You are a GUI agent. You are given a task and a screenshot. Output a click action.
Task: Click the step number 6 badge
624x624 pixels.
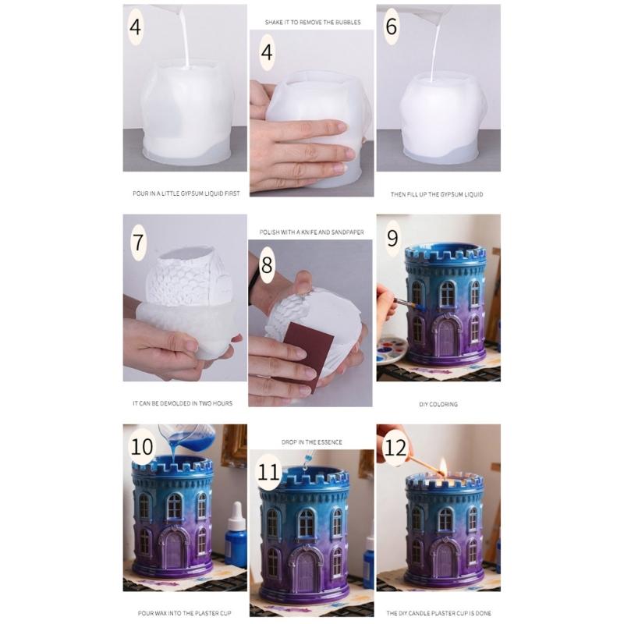pos(391,27)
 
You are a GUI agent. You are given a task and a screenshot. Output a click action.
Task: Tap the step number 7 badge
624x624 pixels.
pos(138,242)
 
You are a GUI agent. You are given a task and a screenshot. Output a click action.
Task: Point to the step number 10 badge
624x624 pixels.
pos(143,448)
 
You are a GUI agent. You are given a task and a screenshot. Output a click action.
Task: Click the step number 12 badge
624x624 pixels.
pos(396,447)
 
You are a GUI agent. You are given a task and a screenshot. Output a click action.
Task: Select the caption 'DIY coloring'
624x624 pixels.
pos(438,404)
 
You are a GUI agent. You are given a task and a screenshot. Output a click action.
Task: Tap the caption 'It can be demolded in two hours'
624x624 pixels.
pos(182,404)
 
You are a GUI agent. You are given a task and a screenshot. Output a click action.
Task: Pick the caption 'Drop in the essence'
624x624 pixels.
pos(311,441)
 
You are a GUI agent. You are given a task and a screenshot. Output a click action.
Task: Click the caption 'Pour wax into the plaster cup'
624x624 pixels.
pos(185,613)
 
